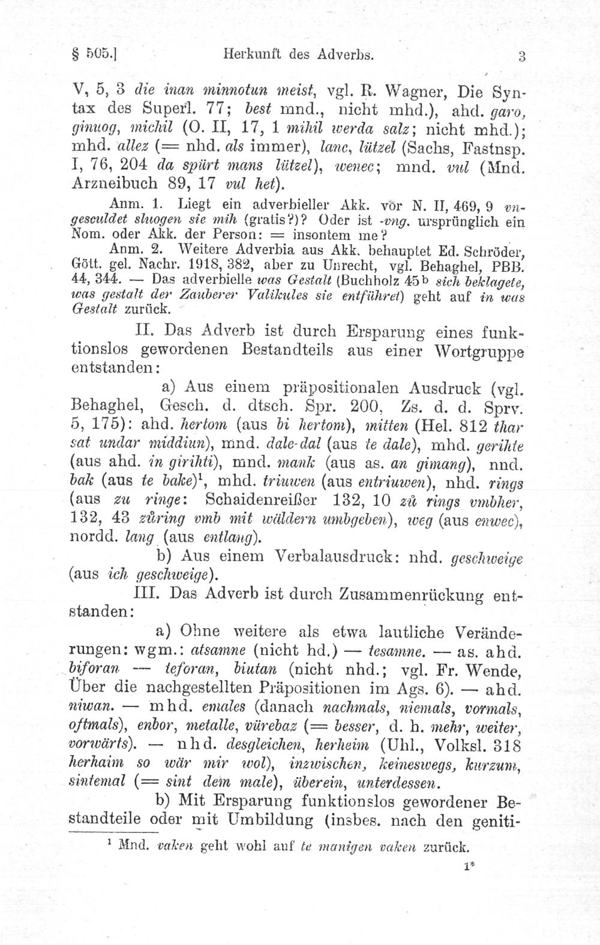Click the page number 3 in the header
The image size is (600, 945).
click(x=523, y=58)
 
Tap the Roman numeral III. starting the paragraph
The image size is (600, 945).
click(x=147, y=593)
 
